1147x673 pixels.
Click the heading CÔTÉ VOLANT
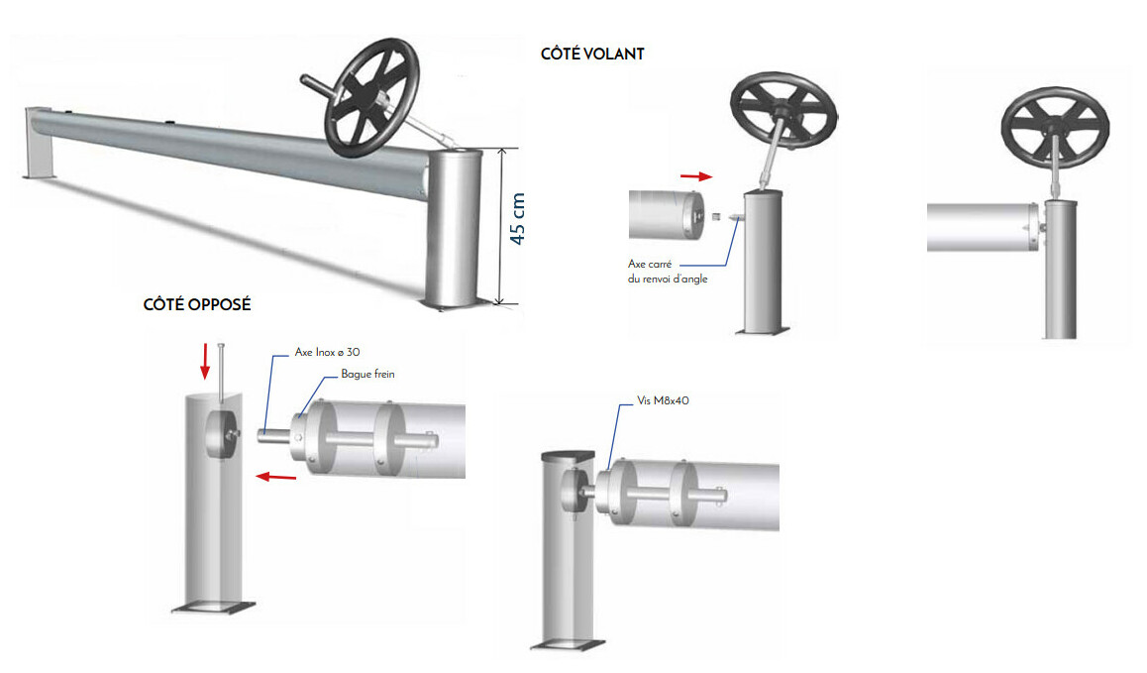[592, 55]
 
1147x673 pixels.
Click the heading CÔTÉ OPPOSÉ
[197, 304]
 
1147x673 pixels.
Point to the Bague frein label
[367, 374]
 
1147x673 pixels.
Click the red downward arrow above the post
[205, 362]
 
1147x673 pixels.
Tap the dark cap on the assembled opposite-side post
[568, 455]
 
